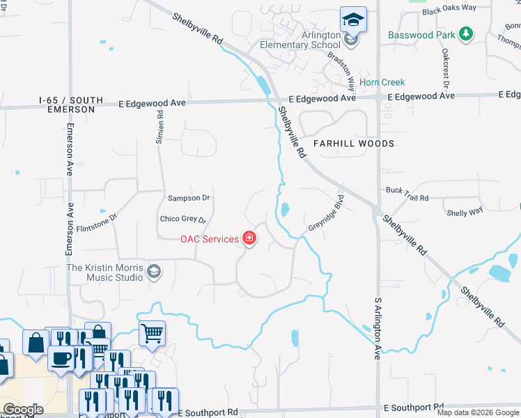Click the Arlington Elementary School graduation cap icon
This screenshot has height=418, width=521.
(353, 19)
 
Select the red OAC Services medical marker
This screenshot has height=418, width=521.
(249, 239)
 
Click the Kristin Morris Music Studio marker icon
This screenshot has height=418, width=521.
(154, 272)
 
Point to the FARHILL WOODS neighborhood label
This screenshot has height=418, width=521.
(353, 144)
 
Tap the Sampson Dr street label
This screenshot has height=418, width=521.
(188, 198)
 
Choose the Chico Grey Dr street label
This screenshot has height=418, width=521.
(183, 220)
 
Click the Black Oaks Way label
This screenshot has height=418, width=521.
(449, 8)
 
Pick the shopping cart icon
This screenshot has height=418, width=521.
(152, 332)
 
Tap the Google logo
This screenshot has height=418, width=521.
(23, 410)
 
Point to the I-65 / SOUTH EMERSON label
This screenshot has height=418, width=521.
(70, 104)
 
